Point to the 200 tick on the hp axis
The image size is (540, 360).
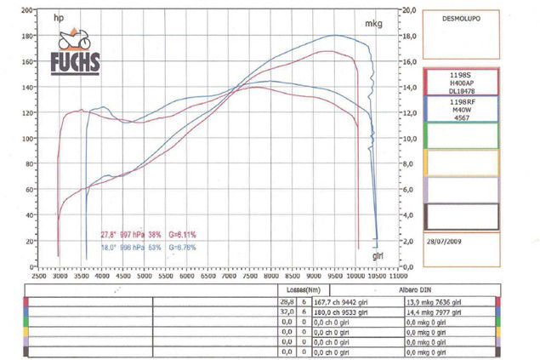(x=27, y=10)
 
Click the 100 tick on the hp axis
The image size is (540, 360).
(x=27, y=138)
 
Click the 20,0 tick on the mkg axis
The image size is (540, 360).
(x=407, y=10)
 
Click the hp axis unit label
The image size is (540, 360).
(x=59, y=18)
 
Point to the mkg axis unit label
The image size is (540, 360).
(x=373, y=25)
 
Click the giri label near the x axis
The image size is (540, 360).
(x=379, y=254)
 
